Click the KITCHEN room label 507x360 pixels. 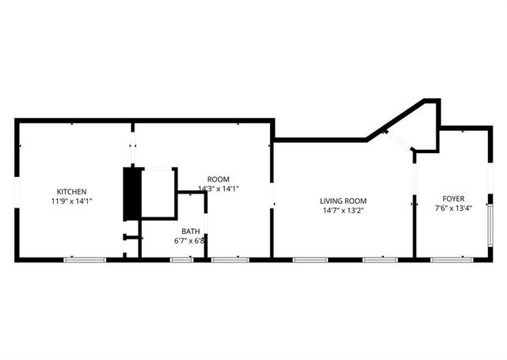(71, 191)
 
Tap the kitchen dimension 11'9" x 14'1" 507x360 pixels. (71, 201)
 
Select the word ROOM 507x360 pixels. (218, 179)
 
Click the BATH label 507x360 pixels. (190, 232)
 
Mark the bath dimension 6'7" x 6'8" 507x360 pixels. (190, 241)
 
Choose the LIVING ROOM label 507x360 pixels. (343, 201)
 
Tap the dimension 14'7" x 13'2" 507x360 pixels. (343, 211)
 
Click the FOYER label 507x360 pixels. (453, 198)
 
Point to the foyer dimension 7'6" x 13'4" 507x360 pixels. (453, 209)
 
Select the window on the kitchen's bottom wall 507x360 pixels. (85, 259)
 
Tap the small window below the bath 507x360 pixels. (181, 259)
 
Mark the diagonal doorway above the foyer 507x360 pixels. (397, 140)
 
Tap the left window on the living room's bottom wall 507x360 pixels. (310, 259)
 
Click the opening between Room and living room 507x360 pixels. (272, 194)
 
